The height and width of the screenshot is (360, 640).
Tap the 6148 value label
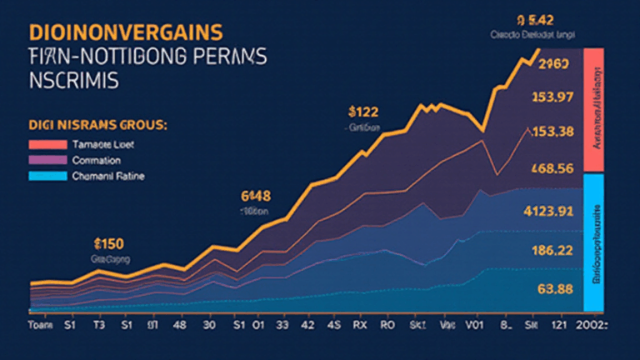pos(256,197)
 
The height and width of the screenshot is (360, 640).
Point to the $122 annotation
pos(362,112)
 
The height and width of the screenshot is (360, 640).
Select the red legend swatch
pos(47,144)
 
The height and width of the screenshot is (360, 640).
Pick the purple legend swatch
pos(47,159)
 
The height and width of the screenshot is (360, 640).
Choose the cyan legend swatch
pos(47,175)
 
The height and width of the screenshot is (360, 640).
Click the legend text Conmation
pos(97,159)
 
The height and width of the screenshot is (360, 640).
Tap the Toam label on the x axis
pos(40,324)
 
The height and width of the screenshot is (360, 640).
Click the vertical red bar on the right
pos(595,110)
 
